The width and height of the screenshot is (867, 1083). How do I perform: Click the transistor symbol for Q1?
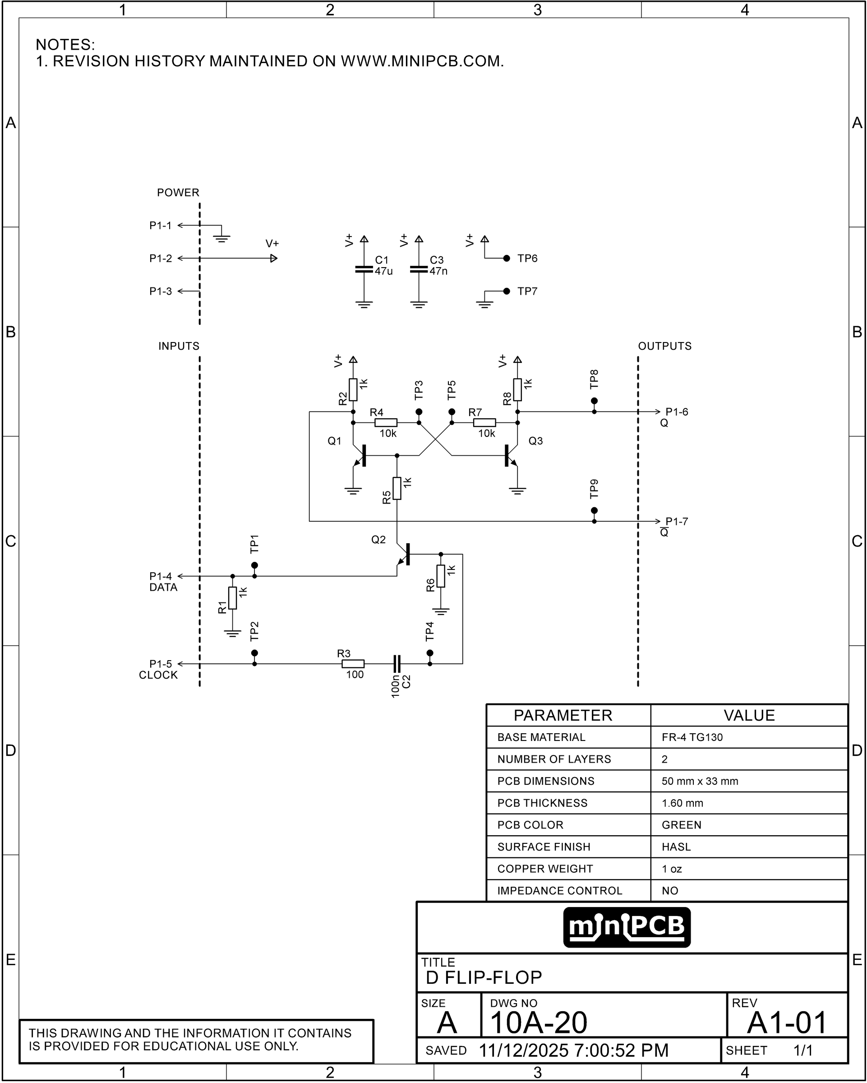360,455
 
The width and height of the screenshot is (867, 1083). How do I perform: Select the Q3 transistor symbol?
511,455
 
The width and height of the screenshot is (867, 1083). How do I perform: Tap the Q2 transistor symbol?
404,554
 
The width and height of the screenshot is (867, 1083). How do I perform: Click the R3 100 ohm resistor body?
353,664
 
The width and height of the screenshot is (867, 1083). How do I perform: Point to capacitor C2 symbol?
397,664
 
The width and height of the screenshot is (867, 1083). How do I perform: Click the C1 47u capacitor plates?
364,269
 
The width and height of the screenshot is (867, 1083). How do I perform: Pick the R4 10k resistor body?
386,422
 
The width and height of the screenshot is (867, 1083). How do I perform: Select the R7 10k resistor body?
484,422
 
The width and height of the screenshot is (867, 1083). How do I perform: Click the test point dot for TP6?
507,258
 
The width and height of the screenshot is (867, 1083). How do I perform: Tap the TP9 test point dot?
594,510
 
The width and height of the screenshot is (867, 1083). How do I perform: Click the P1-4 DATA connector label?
163,582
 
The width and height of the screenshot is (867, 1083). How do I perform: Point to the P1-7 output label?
676,521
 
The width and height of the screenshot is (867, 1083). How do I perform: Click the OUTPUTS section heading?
664,346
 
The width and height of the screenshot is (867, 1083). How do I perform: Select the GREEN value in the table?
681,825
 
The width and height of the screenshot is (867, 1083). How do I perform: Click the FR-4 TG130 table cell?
692,737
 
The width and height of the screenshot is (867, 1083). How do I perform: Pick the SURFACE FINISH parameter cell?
544,847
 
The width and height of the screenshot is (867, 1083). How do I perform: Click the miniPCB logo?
627,927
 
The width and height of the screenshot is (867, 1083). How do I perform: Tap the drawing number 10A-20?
538,1022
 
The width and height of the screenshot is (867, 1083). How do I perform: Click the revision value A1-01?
787,1022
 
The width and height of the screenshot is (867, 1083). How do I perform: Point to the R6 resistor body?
440,576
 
